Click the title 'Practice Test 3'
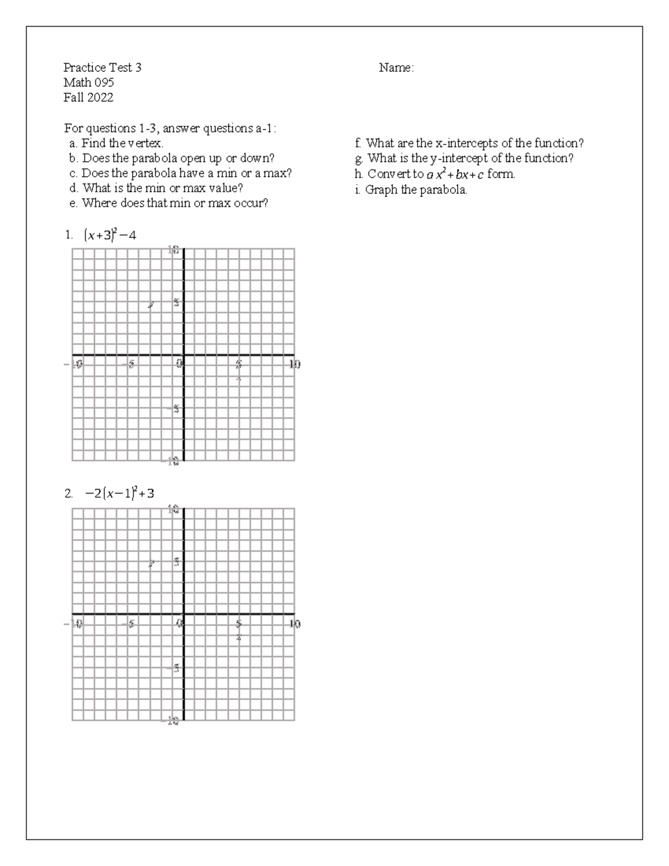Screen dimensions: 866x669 [103, 68]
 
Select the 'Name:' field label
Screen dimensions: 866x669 [396, 68]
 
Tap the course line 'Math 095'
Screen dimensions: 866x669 [89, 83]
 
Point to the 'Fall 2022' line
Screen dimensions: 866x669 [89, 98]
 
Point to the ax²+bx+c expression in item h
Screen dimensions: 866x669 [455, 175]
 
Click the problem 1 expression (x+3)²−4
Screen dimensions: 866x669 [110, 235]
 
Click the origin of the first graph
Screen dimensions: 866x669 [183, 355]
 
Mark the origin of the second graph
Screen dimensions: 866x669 [183, 614]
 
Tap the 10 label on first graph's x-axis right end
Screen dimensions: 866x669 [294, 364]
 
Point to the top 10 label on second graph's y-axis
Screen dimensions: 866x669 [173, 509]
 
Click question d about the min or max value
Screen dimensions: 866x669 [162, 188]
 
